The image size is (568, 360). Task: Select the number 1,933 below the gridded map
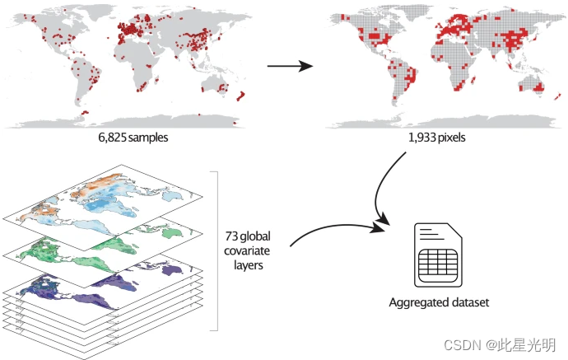(422, 138)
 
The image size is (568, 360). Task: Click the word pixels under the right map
(454, 138)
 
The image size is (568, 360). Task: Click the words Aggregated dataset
(439, 302)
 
